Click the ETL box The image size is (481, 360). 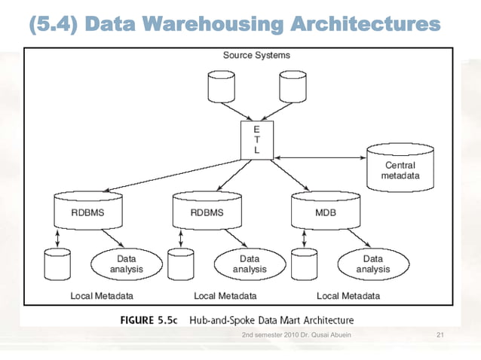256,141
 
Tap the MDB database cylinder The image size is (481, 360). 320,210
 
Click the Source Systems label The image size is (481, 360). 256,55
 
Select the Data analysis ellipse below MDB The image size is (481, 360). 372,264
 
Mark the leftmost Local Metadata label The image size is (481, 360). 102,295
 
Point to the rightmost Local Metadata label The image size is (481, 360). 348,295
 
